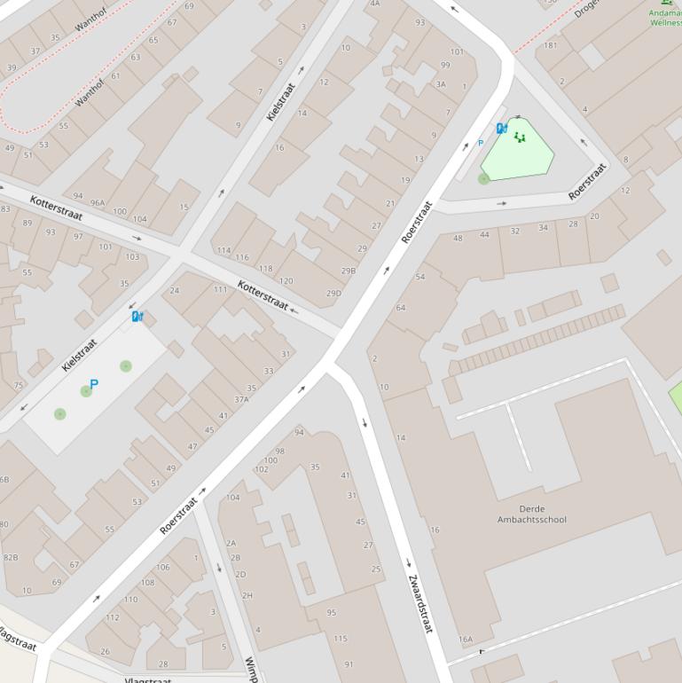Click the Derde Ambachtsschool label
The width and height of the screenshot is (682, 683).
coord(531,514)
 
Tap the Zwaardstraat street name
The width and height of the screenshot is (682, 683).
coord(419,603)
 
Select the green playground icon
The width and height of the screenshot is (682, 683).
coord(520,137)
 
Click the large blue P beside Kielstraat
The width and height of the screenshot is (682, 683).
coord(94,384)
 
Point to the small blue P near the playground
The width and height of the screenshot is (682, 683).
coord(481,143)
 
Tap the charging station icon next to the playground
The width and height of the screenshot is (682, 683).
coord(502,129)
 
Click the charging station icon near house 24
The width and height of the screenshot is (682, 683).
coord(137,316)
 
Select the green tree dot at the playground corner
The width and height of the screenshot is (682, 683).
coord(484,178)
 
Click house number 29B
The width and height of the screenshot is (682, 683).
coord(349,271)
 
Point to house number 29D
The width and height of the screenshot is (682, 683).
coord(333,293)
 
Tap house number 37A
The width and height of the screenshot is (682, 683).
coord(241,399)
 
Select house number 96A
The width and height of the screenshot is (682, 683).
coord(97,202)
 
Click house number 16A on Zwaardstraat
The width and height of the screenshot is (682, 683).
coord(466,639)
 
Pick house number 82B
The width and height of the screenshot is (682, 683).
coord(10,557)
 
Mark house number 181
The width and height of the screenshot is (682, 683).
coord(551,45)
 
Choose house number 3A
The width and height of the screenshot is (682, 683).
coord(441,84)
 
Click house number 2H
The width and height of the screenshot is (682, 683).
coord(247,595)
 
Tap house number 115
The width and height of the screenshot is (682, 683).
coord(341,638)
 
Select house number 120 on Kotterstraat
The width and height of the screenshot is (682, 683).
coord(286,280)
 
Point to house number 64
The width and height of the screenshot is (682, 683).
coord(401,308)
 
